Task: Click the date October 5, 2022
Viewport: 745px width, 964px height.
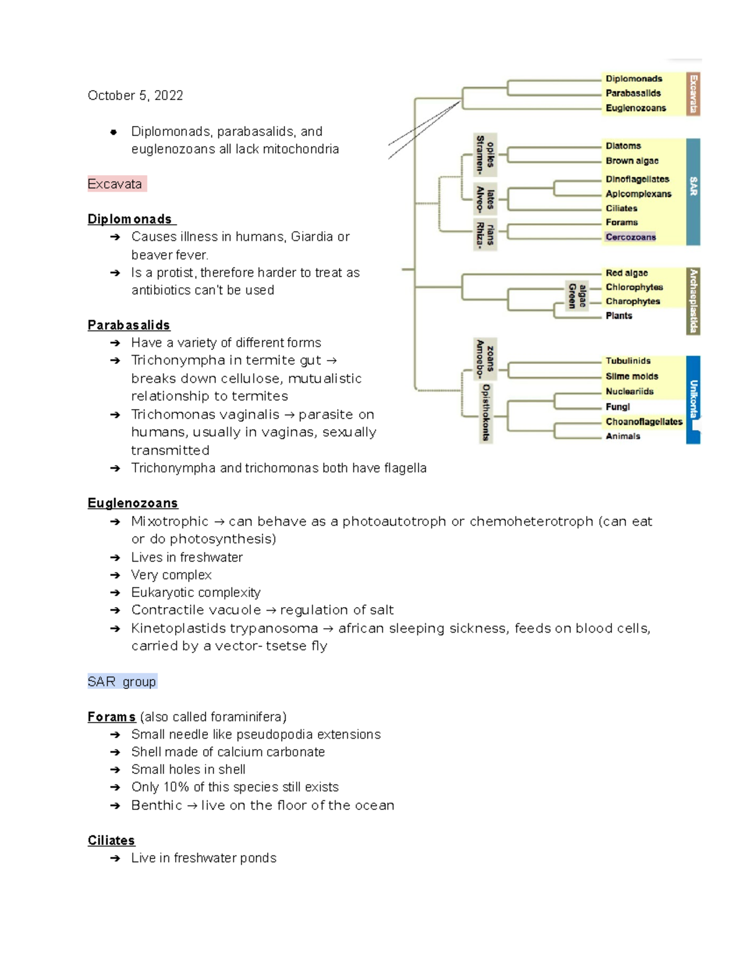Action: click(135, 96)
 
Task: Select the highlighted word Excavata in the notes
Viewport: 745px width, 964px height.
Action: click(115, 184)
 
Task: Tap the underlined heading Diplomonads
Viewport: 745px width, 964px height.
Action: click(130, 219)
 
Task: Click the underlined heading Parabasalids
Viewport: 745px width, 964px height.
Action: click(129, 325)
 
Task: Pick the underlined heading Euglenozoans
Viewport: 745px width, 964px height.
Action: click(132, 503)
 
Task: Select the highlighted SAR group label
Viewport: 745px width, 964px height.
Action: click(122, 682)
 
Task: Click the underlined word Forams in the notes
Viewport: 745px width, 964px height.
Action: click(111, 717)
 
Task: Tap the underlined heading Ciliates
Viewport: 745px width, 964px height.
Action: click(111, 840)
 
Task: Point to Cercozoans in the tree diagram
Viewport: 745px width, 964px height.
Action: click(630, 237)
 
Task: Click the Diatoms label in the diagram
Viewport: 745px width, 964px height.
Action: click(623, 146)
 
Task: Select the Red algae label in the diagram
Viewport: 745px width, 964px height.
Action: click(626, 273)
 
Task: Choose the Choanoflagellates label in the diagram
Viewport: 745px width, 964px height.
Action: click(644, 422)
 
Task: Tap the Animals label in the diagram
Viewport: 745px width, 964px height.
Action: click(623, 436)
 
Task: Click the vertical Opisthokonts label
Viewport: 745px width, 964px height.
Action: click(485, 413)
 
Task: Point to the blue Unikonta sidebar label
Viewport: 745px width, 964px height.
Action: click(693, 399)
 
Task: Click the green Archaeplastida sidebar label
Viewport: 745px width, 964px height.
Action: click(693, 301)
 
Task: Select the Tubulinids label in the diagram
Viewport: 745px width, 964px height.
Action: click(628, 361)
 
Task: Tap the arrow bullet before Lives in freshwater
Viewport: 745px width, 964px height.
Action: click(115, 558)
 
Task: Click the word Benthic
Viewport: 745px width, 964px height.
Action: click(156, 806)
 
